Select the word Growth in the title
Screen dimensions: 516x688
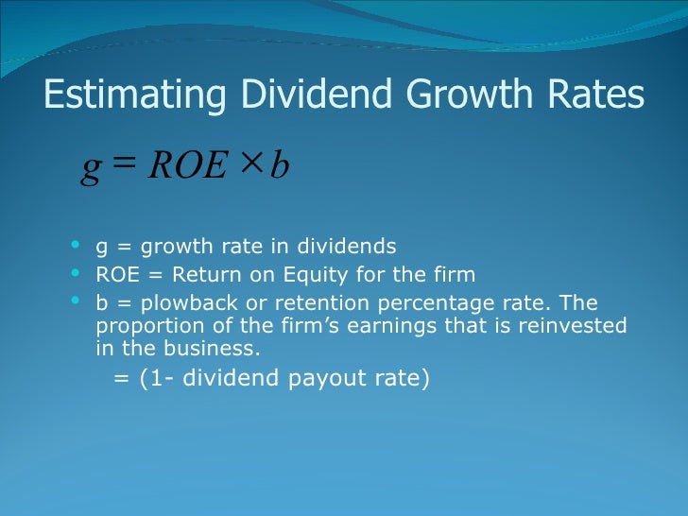(450, 95)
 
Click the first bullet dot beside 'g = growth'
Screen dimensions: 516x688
(77, 245)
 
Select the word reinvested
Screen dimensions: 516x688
(571, 326)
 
